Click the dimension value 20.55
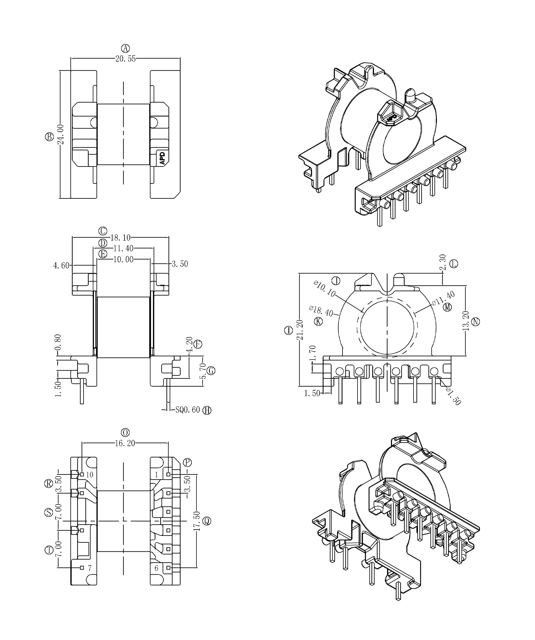point(125,59)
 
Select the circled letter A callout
point(125,48)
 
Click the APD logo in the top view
point(162,158)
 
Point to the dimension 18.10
point(120,237)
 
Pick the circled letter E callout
point(103,253)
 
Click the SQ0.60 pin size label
point(188,410)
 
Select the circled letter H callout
point(207,410)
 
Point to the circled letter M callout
point(447,307)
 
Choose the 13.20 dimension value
point(466,321)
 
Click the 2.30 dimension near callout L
point(443,262)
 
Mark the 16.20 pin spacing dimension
point(125,443)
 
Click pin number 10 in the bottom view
point(90,475)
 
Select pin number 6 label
point(156,568)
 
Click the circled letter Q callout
point(207,521)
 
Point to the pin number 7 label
point(90,568)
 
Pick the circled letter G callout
point(211,371)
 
